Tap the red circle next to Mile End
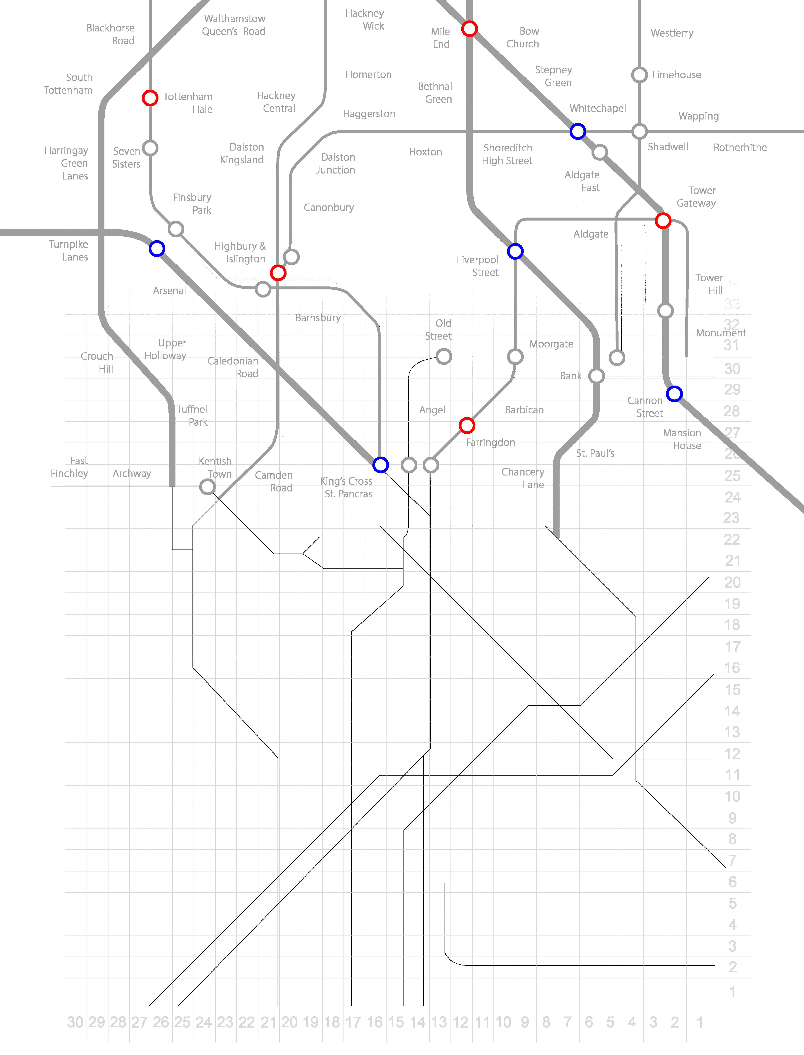coord(469,29)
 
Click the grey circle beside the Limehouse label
coord(639,75)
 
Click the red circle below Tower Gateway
coord(663,221)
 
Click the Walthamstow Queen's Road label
coord(234,25)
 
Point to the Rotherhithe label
coord(740,147)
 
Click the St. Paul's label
coord(595,453)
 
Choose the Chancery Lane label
coord(523,478)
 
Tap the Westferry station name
coord(672,33)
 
